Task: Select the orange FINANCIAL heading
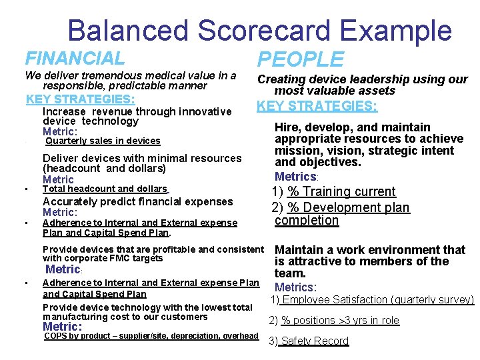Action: [x=74, y=59]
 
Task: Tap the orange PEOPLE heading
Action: [x=300, y=59]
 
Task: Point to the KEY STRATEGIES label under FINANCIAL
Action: [x=80, y=99]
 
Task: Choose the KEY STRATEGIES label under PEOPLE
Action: [x=317, y=106]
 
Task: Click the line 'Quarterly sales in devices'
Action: [x=102, y=141]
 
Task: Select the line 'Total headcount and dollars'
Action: [x=105, y=189]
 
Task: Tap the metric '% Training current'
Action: [x=341, y=192]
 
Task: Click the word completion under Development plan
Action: [x=307, y=220]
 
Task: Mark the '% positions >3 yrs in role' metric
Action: [x=340, y=321]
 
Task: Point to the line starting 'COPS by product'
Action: [x=150, y=336]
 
